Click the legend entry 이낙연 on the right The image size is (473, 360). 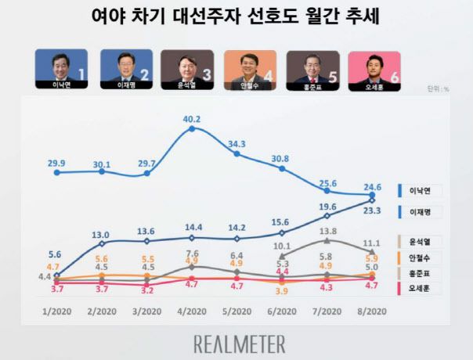[426, 190]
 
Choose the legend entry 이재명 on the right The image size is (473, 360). [426, 211]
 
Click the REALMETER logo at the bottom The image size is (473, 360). [240, 344]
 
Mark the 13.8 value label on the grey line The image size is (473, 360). [328, 232]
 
